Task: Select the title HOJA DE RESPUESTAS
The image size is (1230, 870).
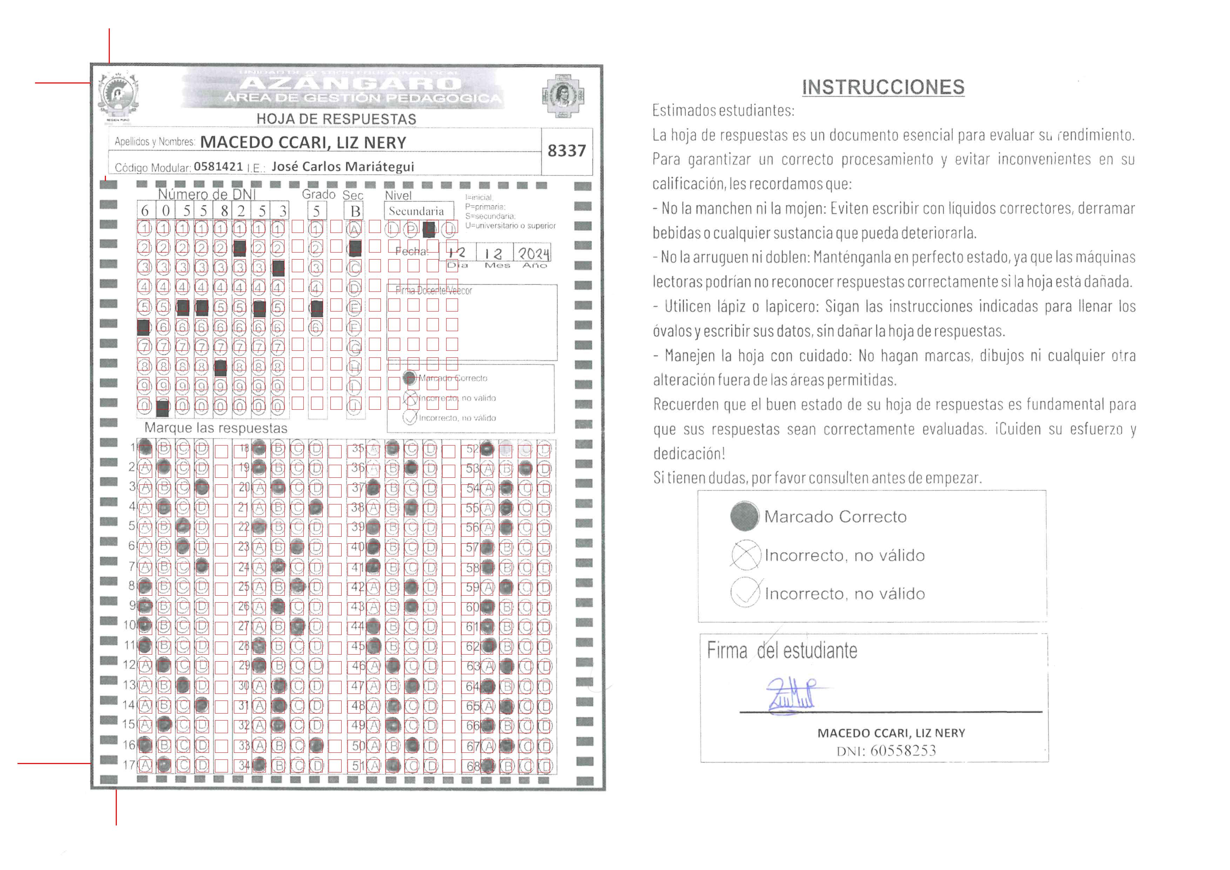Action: pos(336,119)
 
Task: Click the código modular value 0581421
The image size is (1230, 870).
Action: pos(218,167)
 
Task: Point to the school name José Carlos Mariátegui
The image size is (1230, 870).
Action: pos(343,167)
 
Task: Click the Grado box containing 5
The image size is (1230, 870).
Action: pos(317,211)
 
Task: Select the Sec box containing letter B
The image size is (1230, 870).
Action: pos(355,211)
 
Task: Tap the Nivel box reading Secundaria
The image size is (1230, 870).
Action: pos(417,211)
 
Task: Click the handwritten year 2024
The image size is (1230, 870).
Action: pos(533,253)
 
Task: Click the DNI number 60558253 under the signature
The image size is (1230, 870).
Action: pos(903,750)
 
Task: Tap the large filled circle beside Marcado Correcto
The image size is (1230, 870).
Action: pos(744,516)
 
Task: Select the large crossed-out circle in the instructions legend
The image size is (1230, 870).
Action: pos(745,555)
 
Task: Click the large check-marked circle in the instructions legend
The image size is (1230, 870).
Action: pos(745,593)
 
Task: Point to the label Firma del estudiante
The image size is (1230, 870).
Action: pos(782,650)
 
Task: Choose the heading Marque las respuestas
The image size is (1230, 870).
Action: pos(216,428)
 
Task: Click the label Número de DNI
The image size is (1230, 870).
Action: pos(207,194)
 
